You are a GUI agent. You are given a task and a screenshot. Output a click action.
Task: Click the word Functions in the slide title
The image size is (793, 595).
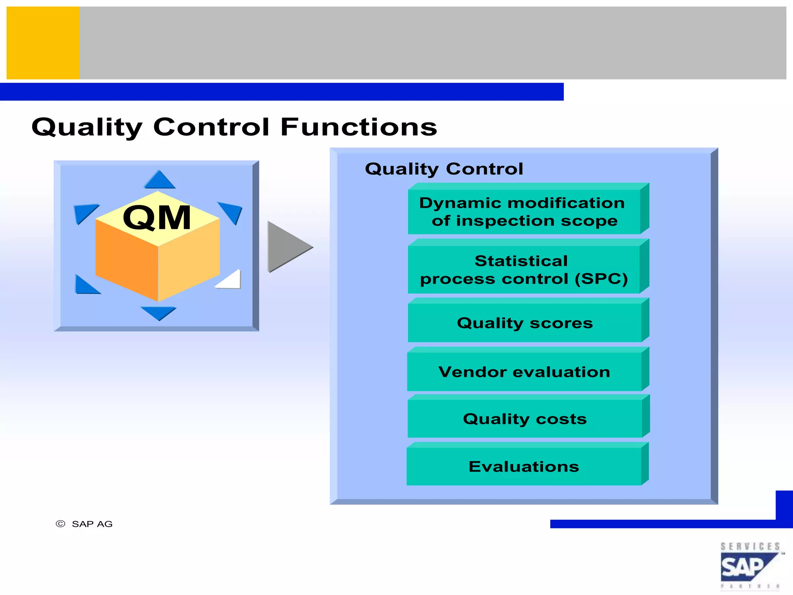(359, 127)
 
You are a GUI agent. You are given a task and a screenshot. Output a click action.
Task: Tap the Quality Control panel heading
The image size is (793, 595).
(444, 169)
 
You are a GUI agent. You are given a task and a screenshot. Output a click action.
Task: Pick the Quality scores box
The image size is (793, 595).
(524, 323)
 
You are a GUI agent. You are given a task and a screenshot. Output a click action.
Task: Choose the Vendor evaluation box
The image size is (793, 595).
(524, 372)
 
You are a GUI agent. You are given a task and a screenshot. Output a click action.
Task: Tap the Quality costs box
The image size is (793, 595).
(524, 419)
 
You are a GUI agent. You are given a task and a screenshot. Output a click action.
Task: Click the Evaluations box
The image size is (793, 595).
(524, 467)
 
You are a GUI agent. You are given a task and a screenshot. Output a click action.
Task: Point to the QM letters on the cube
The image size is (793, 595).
(157, 218)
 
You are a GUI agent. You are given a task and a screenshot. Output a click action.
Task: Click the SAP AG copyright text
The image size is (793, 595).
(92, 524)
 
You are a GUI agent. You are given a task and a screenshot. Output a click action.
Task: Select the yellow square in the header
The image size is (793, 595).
(43, 43)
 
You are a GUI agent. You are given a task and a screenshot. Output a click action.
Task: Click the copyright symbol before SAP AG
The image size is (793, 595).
(60, 524)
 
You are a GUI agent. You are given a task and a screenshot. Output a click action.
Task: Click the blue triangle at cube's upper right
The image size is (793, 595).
(232, 212)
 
